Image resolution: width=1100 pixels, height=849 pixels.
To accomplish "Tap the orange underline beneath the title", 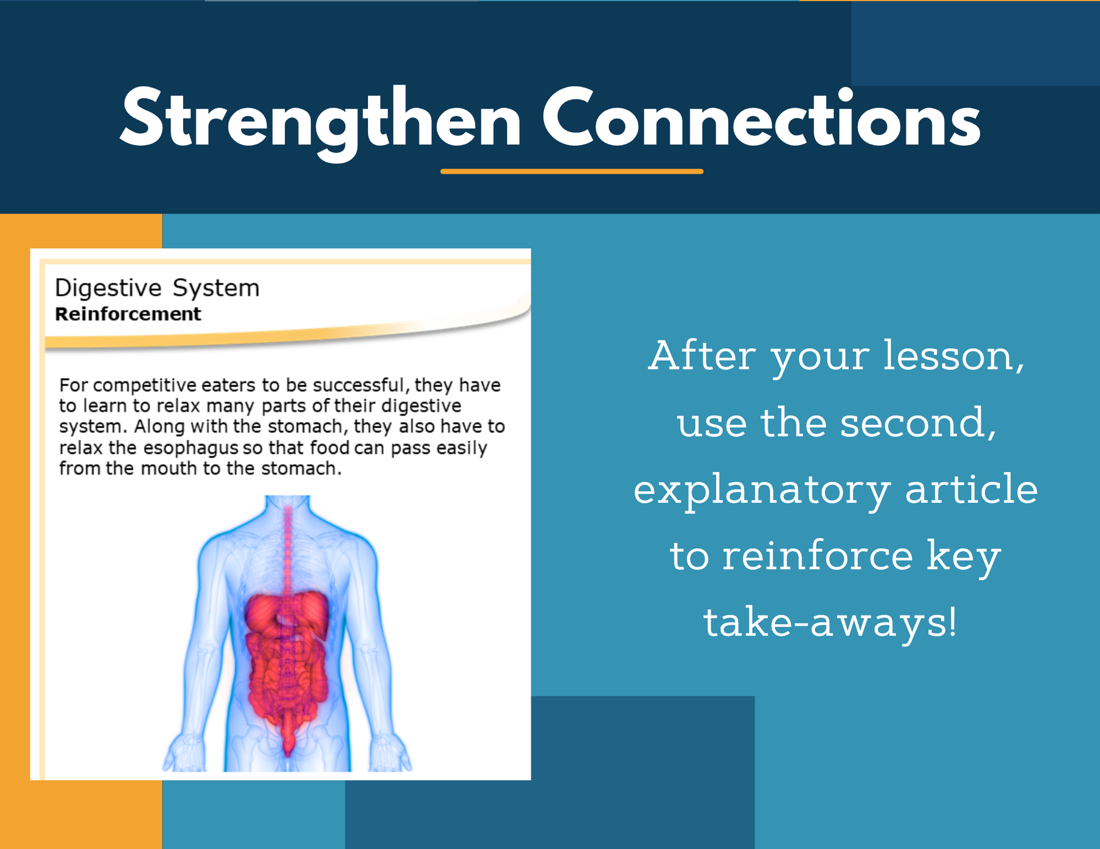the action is click(571, 171).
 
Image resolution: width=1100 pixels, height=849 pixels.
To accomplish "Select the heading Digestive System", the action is click(157, 289).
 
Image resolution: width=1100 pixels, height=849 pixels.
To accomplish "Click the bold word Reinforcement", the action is click(128, 314).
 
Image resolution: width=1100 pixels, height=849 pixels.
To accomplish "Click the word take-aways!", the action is click(830, 623).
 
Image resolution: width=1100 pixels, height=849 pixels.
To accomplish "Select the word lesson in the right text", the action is click(954, 356).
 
